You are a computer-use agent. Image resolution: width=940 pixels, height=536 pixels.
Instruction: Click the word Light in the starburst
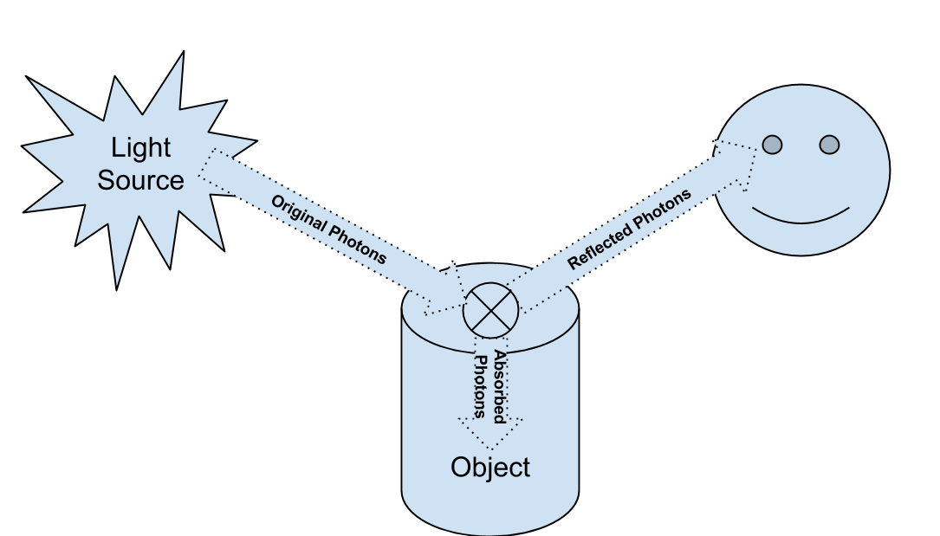click(141, 148)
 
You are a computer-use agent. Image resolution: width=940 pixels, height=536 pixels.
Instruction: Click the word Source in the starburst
click(140, 180)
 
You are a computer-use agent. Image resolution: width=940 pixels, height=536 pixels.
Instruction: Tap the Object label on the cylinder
click(490, 468)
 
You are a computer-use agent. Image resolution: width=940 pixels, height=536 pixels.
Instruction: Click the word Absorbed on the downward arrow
click(500, 386)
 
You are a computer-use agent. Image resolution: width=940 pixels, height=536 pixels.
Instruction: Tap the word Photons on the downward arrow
click(477, 386)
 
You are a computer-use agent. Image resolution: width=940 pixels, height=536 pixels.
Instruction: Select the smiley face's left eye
click(771, 144)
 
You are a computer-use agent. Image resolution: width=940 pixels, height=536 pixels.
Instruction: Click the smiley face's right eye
click(829, 144)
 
